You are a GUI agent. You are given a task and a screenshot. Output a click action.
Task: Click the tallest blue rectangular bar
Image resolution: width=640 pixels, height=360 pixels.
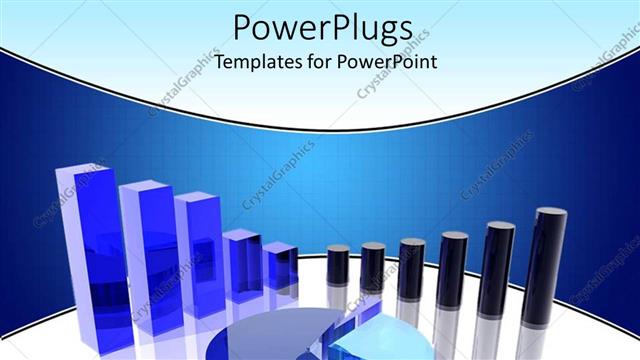coord(92,250)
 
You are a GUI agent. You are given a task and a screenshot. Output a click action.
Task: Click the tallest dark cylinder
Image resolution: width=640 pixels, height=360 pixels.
coord(547,270)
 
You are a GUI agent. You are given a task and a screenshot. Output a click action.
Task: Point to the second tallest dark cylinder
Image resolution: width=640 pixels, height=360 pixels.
coord(497,275)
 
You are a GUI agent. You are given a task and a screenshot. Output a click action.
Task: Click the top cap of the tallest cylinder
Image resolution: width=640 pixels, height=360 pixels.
coord(551,212)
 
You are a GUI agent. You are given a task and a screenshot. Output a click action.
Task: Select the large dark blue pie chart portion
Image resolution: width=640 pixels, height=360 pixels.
coord(270,335)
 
